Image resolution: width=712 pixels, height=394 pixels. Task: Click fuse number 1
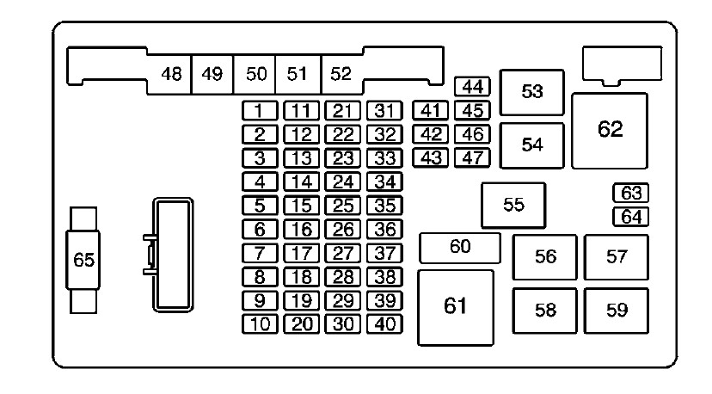tap(260, 110)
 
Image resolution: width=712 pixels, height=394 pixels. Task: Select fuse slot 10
tap(260, 324)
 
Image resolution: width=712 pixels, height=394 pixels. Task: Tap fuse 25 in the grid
tap(343, 206)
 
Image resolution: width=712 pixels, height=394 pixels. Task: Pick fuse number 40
tap(384, 324)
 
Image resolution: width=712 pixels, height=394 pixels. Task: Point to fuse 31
tap(384, 110)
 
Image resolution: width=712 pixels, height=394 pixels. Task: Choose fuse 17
tap(302, 253)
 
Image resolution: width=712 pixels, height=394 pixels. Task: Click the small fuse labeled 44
tap(472, 86)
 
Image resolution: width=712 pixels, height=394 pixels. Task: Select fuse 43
tap(431, 157)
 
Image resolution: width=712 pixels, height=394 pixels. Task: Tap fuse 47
tap(472, 157)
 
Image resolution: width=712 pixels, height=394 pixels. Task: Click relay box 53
tap(531, 92)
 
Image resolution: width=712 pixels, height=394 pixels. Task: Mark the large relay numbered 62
tap(610, 131)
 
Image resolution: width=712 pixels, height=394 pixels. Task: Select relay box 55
tap(513, 206)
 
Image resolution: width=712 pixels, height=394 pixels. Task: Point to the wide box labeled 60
tap(459, 248)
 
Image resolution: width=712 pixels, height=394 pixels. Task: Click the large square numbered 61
tap(456, 308)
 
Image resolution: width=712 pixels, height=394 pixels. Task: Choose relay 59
tap(617, 311)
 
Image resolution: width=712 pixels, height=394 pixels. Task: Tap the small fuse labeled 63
tap(630, 194)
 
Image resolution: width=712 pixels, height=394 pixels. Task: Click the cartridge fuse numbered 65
tap(83, 260)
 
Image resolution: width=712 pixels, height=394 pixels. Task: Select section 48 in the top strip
tap(169, 74)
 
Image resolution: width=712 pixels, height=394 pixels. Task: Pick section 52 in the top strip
tap(342, 74)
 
